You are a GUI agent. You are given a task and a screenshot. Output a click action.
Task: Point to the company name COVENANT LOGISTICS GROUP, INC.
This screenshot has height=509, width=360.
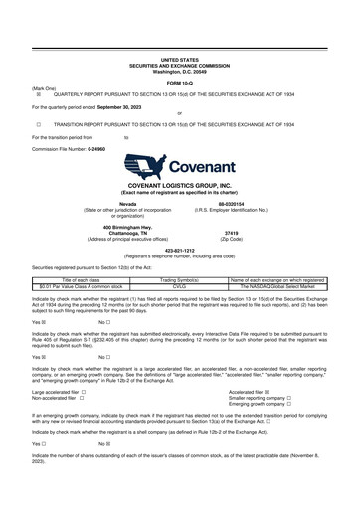point(180,199)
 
